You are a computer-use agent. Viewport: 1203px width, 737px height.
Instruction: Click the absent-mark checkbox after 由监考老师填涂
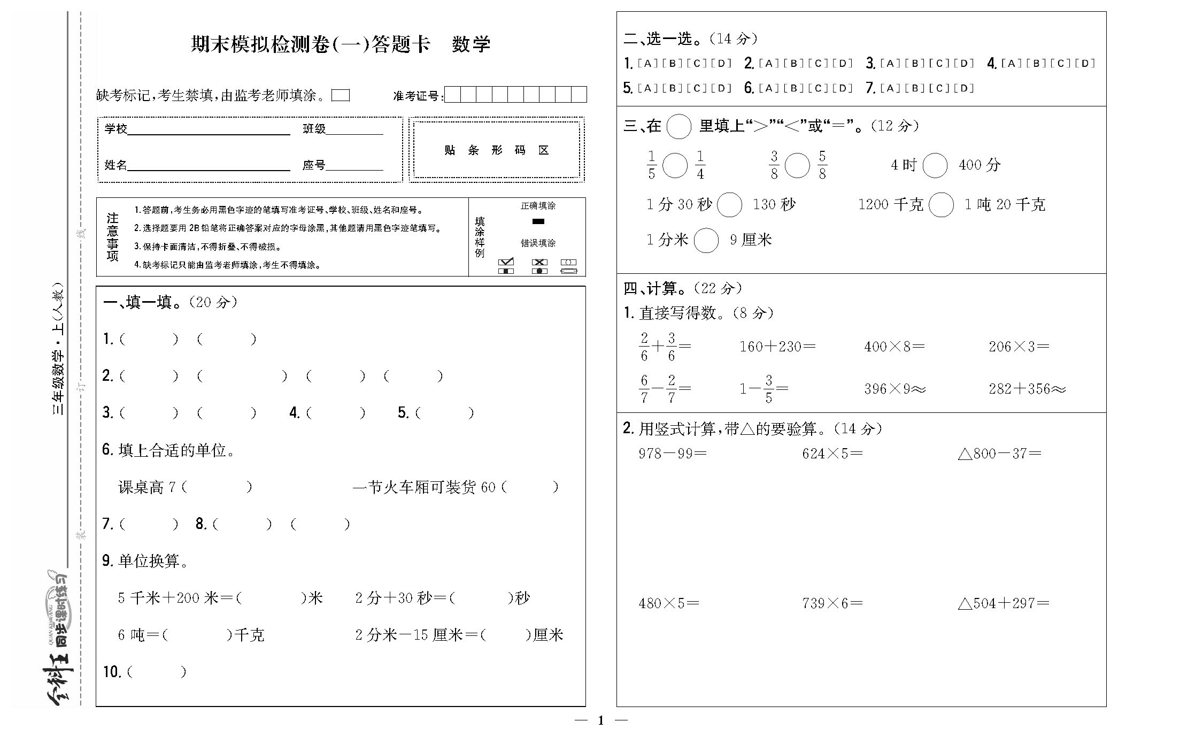pyautogui.click(x=341, y=95)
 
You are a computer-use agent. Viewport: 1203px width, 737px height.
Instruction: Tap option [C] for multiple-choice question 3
pyautogui.click(x=939, y=64)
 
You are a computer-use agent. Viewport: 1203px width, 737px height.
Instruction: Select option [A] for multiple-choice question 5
pyautogui.click(x=647, y=88)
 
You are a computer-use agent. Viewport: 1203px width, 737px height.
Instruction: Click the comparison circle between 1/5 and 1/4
pyautogui.click(x=675, y=165)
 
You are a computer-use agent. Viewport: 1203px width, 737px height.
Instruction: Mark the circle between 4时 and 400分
pyautogui.click(x=935, y=165)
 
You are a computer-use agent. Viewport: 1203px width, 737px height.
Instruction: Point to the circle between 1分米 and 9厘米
pyautogui.click(x=706, y=241)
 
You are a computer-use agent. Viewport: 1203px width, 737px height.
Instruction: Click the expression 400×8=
pyautogui.click(x=894, y=347)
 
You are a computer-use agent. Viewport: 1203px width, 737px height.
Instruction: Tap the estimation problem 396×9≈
pyautogui.click(x=894, y=389)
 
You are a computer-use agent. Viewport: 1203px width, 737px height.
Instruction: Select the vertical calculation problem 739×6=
pyautogui.click(x=832, y=604)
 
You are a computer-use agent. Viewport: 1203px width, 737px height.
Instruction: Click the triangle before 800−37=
pyautogui.click(x=965, y=454)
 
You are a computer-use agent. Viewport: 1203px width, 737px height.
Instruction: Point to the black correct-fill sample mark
pyautogui.click(x=538, y=221)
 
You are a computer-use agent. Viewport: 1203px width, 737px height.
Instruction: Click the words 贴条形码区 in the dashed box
pyautogui.click(x=496, y=150)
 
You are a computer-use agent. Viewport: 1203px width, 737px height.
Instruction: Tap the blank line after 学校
pyautogui.click(x=209, y=130)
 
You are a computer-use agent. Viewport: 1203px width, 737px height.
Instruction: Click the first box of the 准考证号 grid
pyautogui.click(x=453, y=95)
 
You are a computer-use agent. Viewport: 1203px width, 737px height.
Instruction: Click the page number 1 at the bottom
pyautogui.click(x=600, y=720)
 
